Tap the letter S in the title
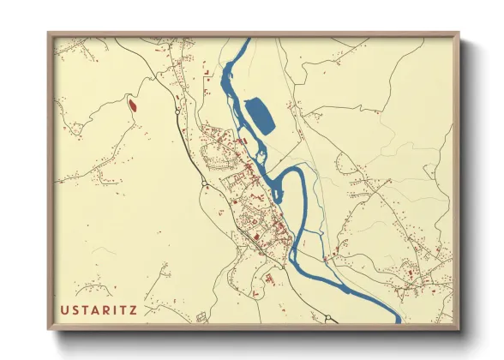click(x=77, y=309)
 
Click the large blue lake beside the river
click(x=260, y=116)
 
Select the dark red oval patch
click(x=132, y=106)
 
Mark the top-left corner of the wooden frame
click(x=49, y=33)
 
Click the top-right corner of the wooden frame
click(x=459, y=33)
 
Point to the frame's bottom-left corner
click(x=49, y=330)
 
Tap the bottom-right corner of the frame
click(x=459, y=330)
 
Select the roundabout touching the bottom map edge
click(x=327, y=319)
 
